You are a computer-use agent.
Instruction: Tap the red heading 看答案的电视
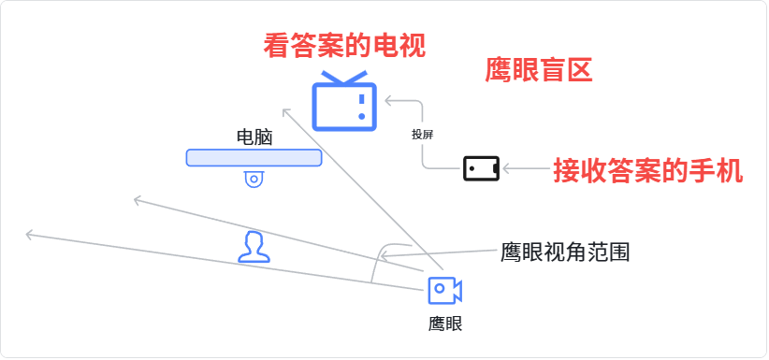coord(344,46)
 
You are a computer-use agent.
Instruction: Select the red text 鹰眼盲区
coord(539,69)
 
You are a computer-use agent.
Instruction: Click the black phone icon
coord(481,168)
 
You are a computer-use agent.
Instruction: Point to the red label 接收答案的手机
coord(648,170)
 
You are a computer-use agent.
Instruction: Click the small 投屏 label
coord(422,135)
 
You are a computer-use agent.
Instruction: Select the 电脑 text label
coord(254,137)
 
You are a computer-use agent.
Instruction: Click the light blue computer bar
coord(254,158)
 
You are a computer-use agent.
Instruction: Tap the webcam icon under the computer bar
coord(254,179)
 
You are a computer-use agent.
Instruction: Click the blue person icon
coord(254,247)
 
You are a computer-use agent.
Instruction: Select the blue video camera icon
coord(444,291)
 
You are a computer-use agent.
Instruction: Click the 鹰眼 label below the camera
coord(444,324)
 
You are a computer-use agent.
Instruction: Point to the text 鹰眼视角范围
coord(564,252)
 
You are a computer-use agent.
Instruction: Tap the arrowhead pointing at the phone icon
coord(507,168)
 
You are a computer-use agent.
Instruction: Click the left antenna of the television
coord(330,77)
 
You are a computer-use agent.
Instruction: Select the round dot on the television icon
coord(361,116)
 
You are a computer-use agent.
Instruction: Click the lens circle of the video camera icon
coord(440,288)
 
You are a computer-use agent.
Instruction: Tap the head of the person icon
coord(254,241)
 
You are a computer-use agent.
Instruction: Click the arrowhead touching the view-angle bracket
coord(385,255)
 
